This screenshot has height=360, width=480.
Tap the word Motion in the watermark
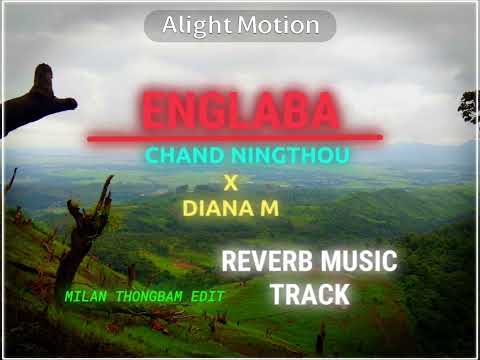tap(279, 25)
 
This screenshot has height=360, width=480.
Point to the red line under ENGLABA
tap(234, 137)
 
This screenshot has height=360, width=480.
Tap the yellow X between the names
tap(231, 183)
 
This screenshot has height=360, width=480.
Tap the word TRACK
tap(310, 294)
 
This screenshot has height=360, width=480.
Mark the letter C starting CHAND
tap(152, 157)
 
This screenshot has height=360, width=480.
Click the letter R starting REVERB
tap(229, 262)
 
